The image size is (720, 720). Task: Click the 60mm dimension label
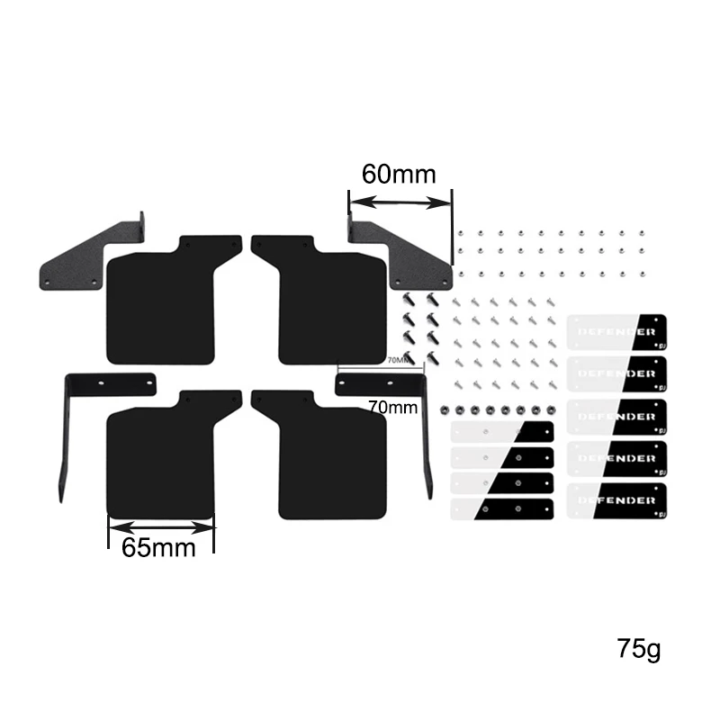[398, 174]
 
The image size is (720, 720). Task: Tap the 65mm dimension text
[158, 547]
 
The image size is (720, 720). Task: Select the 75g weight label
[638, 648]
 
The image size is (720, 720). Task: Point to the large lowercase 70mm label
[393, 407]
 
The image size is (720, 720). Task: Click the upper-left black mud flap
[166, 301]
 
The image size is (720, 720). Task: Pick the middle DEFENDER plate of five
[616, 416]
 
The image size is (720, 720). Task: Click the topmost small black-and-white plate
[501, 433]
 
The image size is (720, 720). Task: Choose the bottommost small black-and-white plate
[501, 509]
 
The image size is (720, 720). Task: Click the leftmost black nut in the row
[444, 409]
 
